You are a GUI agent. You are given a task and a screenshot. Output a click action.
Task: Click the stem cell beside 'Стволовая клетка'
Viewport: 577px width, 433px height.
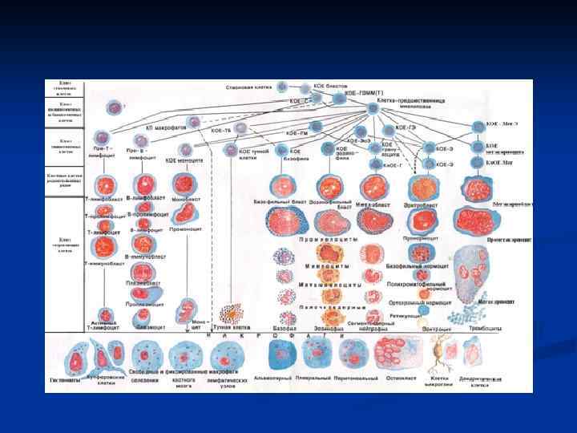tap(281, 86)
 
